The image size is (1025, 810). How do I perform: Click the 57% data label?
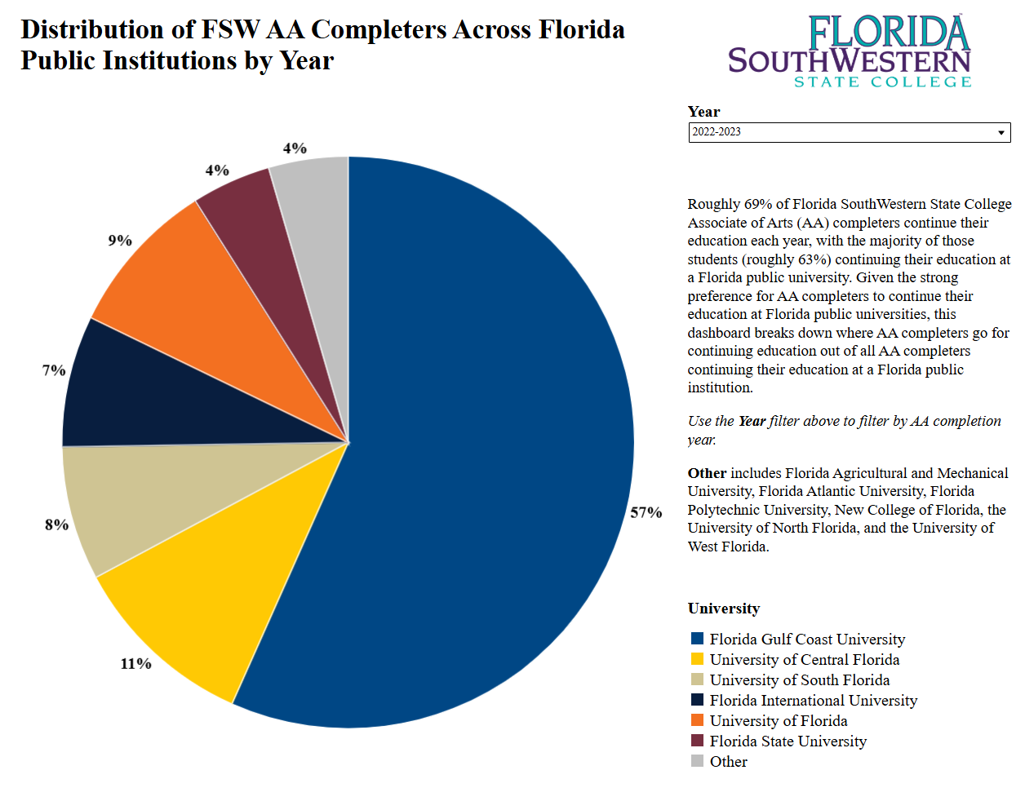point(646,512)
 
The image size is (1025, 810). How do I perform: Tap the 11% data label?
point(135,664)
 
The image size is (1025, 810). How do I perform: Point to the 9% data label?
point(120,241)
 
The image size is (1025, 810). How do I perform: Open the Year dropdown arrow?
point(1001,133)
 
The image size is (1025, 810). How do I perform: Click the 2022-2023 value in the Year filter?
point(717,132)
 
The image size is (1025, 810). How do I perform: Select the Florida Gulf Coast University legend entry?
point(806,640)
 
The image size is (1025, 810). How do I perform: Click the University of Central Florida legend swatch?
point(697,659)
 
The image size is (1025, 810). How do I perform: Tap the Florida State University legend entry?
point(788,741)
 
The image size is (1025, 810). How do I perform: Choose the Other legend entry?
point(728,762)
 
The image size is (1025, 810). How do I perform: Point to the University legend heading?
point(723,609)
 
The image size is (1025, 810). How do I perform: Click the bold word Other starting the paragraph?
point(707,473)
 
